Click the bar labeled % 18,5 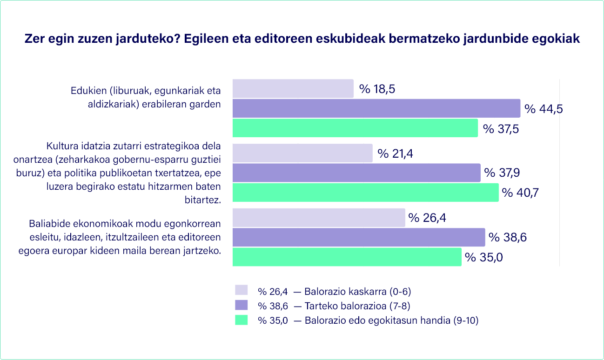click(293, 88)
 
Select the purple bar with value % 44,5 click(376, 108)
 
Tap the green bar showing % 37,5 click(355, 128)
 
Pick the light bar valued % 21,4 click(302, 153)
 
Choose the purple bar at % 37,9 click(356, 173)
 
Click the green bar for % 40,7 click(365, 192)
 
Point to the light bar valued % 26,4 click(319, 218)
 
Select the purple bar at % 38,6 click(358, 237)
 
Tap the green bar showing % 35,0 click(347, 257)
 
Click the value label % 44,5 click(544, 109)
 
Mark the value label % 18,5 click(377, 89)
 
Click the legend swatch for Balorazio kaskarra click(241, 291)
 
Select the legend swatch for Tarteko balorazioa click(241, 306)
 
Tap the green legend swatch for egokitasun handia click(241, 320)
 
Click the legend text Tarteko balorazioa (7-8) click(357, 306)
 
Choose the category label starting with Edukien click(145, 97)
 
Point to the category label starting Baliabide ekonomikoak click(125, 237)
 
